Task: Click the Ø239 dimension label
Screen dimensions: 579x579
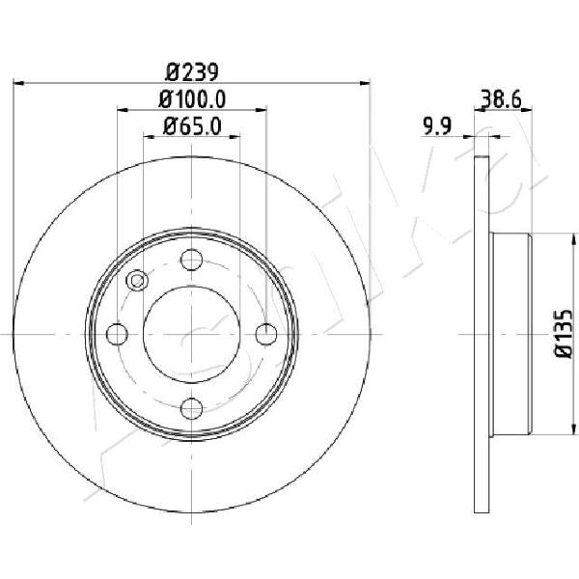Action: point(192,72)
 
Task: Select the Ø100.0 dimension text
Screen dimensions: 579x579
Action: point(192,99)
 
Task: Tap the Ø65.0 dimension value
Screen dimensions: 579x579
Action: point(192,126)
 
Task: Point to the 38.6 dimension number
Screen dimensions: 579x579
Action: point(501,99)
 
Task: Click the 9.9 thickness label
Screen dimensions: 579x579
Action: point(437,126)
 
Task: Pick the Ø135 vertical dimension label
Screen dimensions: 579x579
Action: point(564,334)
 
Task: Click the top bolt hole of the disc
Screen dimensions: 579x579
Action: point(192,260)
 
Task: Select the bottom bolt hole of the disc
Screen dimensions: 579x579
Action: point(192,408)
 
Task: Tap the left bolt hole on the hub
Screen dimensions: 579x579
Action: point(117,334)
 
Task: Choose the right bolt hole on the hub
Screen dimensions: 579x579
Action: point(266,334)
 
